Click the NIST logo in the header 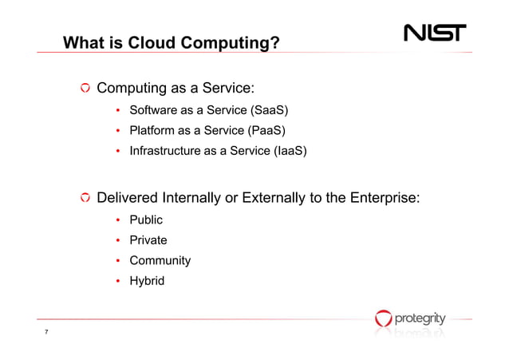436,34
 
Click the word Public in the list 146,220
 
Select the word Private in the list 148,239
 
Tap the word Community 160,260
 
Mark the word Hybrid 147,280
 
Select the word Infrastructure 164,150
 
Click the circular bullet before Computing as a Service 84,87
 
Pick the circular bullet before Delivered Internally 84,198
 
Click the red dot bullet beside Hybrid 118,281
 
